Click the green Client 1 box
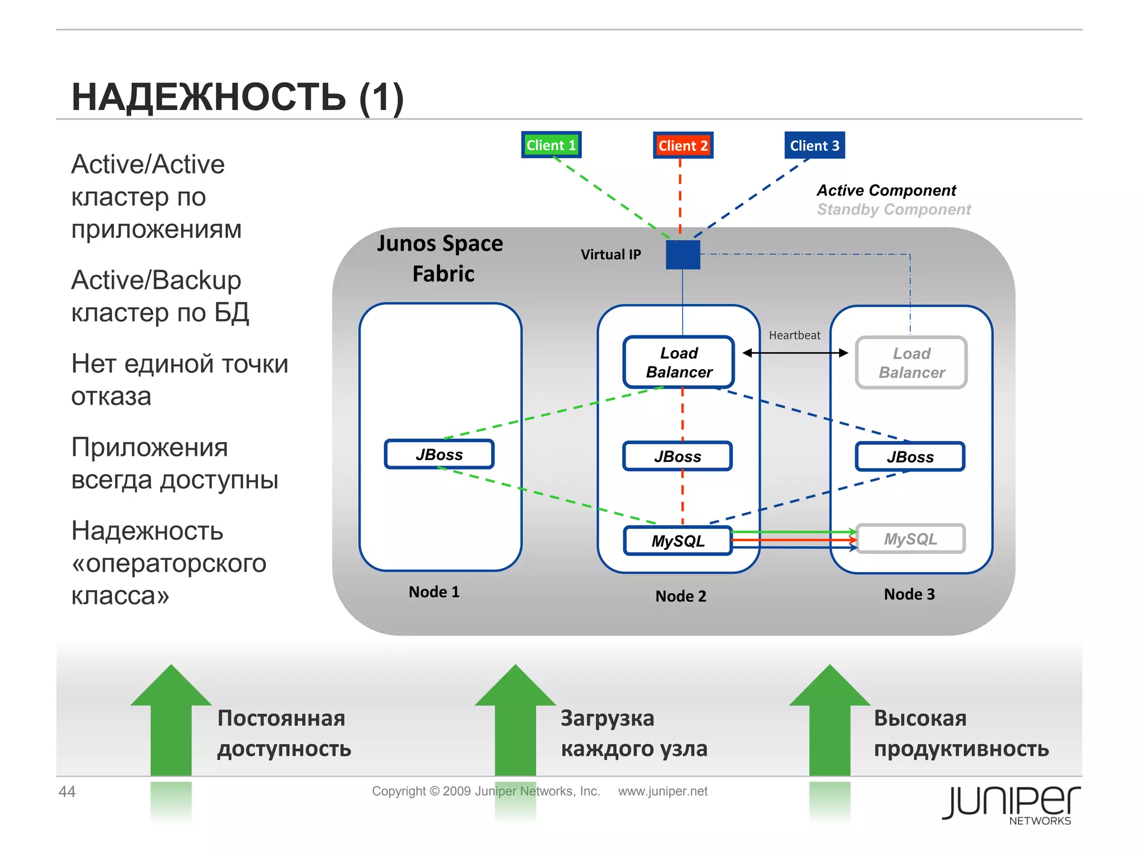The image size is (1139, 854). [551, 145]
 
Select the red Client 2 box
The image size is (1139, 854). [682, 146]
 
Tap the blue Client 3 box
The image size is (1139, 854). [814, 146]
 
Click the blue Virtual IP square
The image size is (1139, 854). [682, 255]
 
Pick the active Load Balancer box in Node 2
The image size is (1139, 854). [679, 363]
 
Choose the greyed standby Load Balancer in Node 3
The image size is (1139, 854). [911, 363]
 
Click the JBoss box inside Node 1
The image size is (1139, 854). [439, 455]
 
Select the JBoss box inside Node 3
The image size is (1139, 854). [910, 457]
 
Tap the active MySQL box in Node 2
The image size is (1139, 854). [677, 541]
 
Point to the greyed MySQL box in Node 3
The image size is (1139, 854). [910, 539]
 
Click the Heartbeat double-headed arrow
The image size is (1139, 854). [795, 352]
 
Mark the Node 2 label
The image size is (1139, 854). [680, 596]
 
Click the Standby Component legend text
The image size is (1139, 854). [893, 210]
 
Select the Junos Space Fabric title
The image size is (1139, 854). [441, 259]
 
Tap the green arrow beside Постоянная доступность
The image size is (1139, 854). [171, 721]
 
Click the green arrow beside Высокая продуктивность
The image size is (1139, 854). [829, 721]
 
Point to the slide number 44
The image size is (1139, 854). [67, 791]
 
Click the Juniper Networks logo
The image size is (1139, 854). [1011, 803]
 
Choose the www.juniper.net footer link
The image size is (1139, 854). [662, 791]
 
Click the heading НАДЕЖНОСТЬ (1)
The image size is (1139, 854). [237, 97]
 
